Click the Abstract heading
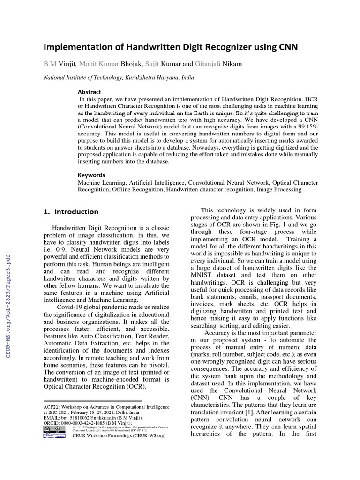[x=89, y=92]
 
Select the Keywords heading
[x=91, y=175]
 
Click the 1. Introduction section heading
[x=71, y=211]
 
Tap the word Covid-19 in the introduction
[x=70, y=306]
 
